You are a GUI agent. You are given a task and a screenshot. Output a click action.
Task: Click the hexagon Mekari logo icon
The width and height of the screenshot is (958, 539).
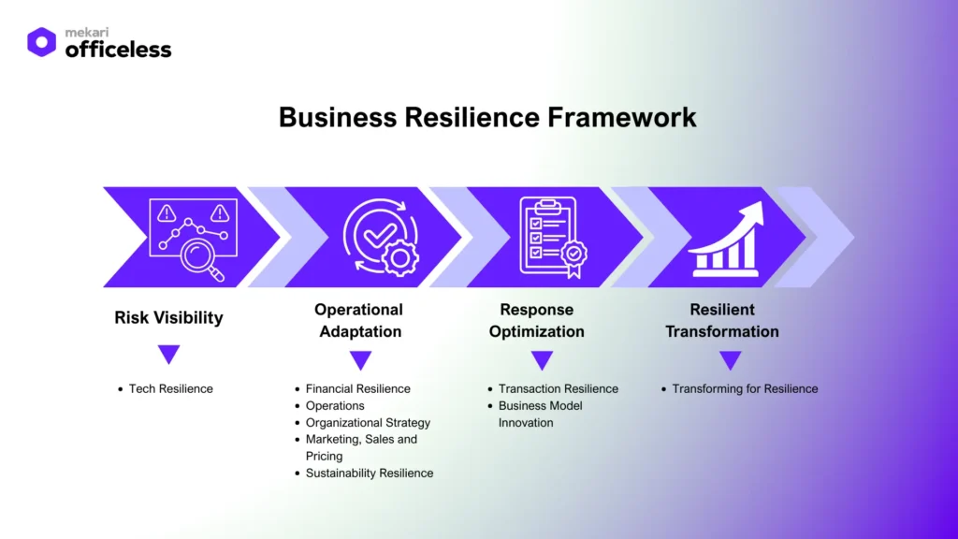click(x=41, y=42)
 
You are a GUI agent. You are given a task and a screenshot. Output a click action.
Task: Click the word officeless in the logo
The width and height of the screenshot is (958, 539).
click(x=118, y=50)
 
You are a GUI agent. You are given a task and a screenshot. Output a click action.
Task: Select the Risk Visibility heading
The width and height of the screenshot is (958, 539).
click(x=168, y=317)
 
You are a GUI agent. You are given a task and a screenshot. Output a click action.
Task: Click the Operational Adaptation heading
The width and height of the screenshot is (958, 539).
click(x=359, y=320)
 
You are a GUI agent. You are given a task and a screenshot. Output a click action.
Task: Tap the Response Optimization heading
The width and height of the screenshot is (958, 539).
click(x=536, y=320)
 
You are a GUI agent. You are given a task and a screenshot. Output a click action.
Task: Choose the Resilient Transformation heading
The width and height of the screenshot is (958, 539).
click(x=721, y=320)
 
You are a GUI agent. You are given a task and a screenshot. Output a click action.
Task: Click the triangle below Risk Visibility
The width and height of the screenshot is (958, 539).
click(x=168, y=355)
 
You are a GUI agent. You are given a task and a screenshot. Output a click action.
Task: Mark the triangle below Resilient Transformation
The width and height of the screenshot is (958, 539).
click(x=731, y=360)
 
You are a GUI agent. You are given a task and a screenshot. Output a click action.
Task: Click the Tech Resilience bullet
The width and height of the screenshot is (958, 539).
click(x=170, y=388)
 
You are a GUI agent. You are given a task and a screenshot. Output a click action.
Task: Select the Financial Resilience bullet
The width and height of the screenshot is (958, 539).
click(x=357, y=388)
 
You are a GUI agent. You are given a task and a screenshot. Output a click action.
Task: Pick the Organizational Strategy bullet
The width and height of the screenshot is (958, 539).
click(x=368, y=422)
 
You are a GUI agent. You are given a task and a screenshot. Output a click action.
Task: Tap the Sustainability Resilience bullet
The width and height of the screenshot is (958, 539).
click(x=369, y=473)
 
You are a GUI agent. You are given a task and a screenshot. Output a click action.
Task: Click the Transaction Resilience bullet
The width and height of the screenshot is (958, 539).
click(x=558, y=388)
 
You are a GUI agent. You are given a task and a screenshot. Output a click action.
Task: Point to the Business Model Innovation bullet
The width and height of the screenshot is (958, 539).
click(x=540, y=414)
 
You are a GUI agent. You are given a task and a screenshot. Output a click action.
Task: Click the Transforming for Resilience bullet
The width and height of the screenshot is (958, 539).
click(x=745, y=388)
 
